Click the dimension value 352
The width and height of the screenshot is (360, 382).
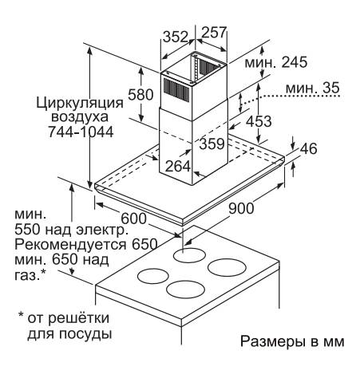pos(176,37)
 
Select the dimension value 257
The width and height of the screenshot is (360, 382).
pos(214,32)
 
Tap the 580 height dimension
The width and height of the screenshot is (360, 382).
pos(140,94)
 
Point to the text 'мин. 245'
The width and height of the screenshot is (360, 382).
pos(276,62)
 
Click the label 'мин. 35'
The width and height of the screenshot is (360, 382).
pos(313,88)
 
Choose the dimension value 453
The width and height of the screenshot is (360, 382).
pos(259,121)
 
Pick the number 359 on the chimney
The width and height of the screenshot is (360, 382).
pos(212,144)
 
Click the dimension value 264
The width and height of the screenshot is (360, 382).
pos(178,166)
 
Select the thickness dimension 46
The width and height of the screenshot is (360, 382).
pos(309,148)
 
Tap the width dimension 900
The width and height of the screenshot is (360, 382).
pos(241,208)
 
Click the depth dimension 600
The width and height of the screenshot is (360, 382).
pos(134,219)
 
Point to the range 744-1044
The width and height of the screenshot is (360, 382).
pos(81,132)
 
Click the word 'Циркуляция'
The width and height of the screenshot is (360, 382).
pos(80,103)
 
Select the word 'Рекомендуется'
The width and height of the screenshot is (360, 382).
pos(70,244)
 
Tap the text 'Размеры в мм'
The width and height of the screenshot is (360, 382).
pos(292,341)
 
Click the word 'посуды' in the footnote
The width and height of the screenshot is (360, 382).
pos(85,333)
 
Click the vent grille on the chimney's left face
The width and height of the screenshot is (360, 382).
pos(176,90)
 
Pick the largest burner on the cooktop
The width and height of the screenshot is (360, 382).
pos(227,267)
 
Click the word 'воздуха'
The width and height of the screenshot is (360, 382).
pos(80,117)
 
